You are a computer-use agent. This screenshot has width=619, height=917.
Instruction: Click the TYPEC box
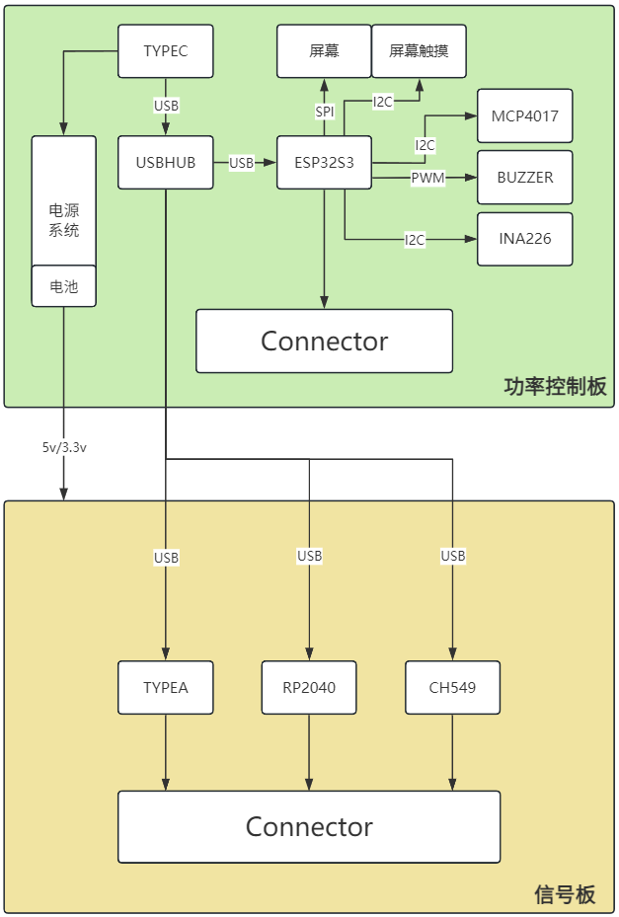(x=166, y=51)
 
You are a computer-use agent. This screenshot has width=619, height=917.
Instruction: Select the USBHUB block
(x=166, y=162)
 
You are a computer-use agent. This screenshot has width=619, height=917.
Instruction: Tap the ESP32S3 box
(x=324, y=162)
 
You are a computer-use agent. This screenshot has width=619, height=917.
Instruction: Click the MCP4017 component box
(x=524, y=115)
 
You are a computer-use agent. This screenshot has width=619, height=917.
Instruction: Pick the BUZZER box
(x=524, y=178)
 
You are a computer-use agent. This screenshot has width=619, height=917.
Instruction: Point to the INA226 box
(x=524, y=239)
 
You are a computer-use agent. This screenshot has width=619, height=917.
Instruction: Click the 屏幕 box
(x=324, y=51)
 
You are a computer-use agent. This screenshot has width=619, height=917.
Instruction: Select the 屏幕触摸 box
(x=419, y=51)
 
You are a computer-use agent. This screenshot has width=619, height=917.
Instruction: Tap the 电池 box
(x=64, y=286)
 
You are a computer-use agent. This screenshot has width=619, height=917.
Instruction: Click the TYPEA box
(x=166, y=687)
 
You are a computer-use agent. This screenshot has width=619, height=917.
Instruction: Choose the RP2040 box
(x=309, y=687)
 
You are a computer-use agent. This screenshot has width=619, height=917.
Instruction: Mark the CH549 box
(x=453, y=687)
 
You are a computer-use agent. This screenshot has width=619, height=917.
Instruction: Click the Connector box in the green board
(x=324, y=342)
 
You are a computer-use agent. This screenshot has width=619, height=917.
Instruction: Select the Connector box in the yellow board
(x=309, y=827)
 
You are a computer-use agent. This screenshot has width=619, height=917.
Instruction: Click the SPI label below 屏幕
(x=324, y=112)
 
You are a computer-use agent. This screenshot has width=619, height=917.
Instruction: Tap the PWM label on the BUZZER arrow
(x=427, y=178)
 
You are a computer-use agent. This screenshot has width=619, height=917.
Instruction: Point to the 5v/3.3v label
(x=64, y=447)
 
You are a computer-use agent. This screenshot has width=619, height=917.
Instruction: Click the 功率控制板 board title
(x=555, y=386)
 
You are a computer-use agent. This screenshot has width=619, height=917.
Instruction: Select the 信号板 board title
(x=565, y=894)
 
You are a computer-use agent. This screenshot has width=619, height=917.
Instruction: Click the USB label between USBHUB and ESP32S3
(x=242, y=162)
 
